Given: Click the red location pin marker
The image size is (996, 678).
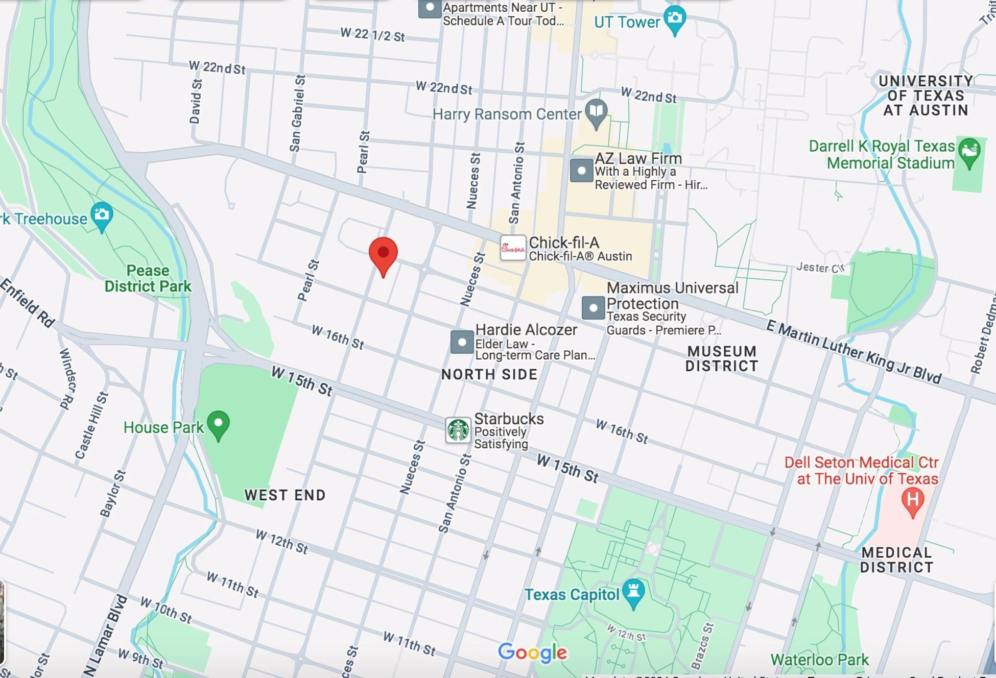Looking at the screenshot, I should [383, 254].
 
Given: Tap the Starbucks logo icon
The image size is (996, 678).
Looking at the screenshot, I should [458, 430].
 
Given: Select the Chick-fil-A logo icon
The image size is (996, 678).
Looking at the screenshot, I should [513, 248].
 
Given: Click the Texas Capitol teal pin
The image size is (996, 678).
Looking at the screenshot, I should [634, 593].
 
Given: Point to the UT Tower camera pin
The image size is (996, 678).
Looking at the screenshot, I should [675, 19].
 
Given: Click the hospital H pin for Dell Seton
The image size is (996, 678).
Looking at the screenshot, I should [913, 500].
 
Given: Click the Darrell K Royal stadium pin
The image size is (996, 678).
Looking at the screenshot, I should [969, 152].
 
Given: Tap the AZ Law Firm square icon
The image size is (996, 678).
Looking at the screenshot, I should [581, 171].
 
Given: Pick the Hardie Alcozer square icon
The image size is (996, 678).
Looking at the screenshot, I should [462, 342].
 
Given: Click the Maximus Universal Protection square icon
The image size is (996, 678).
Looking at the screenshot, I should [593, 308].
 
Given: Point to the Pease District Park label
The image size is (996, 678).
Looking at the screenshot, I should [148, 278].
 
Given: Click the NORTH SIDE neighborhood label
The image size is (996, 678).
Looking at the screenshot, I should [489, 374].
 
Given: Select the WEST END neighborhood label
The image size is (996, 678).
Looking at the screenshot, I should [284, 495].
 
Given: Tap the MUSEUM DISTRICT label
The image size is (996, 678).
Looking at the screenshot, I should [721, 358].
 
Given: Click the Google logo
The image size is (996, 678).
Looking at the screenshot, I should [532, 652].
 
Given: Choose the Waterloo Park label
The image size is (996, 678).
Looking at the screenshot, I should [819, 660].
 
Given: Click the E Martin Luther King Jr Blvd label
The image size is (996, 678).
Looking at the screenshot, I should [853, 352].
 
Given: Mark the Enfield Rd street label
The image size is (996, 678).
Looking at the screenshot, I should [28, 303].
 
